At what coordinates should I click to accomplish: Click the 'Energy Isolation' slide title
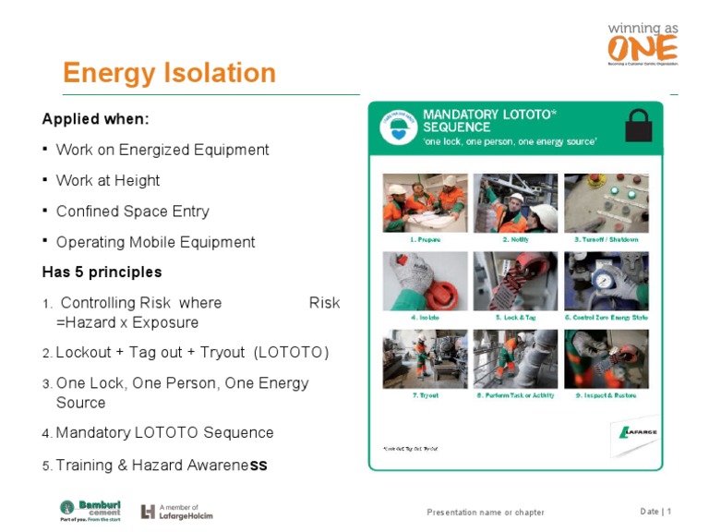pos(169,73)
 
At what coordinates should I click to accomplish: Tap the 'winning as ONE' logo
pos(643,42)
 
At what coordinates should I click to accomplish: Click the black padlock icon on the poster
pos(638,126)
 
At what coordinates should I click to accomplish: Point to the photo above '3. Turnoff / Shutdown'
pos(607,202)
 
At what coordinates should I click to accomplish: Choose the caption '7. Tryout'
pos(425,395)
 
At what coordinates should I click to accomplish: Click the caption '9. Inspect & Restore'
pos(607,395)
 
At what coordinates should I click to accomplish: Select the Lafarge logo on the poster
pos(636,431)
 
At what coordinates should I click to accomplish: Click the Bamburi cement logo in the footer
pos(90,511)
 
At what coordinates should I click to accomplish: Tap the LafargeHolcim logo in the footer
pos(176,512)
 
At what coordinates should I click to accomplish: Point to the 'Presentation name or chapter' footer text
pos(485,513)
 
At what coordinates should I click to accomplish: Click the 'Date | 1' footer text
pos(655,512)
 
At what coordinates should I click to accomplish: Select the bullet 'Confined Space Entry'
pos(132,212)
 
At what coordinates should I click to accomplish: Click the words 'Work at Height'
pos(108,181)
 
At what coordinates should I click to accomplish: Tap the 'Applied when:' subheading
pos(96,120)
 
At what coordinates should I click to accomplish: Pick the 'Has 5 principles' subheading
pos(102,272)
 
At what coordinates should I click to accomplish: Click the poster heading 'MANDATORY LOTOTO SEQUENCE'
pos(489,120)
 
